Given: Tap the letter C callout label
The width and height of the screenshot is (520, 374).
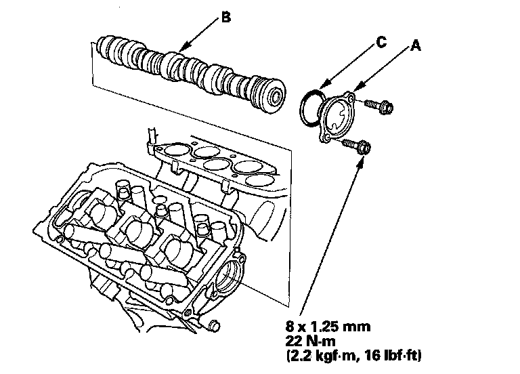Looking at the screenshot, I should (x=381, y=42).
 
